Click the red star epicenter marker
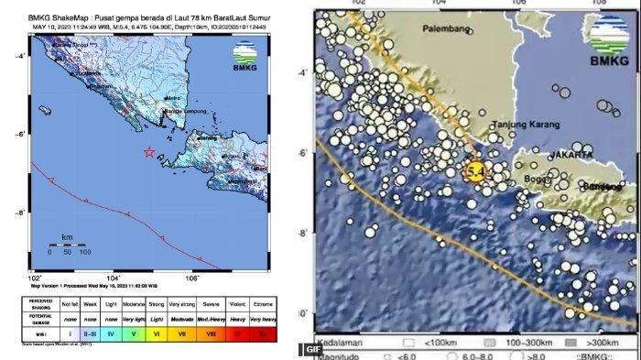[149, 152]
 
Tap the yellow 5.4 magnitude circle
[474, 171]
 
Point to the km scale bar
[68, 244]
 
